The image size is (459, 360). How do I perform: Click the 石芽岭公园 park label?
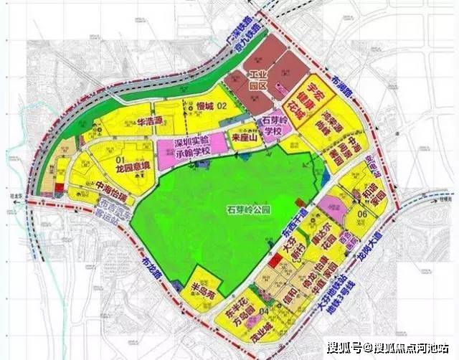232,212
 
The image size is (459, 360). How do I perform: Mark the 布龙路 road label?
151,268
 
